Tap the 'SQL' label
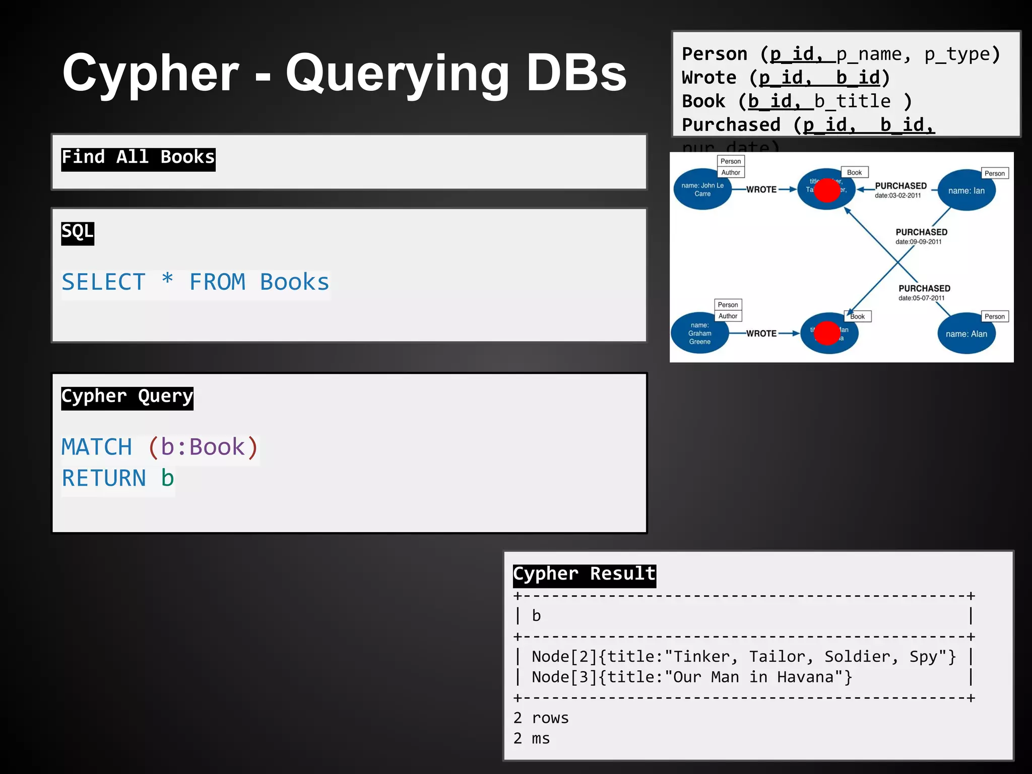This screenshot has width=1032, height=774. tap(78, 232)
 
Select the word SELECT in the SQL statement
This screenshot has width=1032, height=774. tap(104, 282)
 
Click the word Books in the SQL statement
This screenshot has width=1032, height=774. tap(294, 282)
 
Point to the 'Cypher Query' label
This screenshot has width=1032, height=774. tap(127, 397)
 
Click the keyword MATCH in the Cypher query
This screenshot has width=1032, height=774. tap(97, 447)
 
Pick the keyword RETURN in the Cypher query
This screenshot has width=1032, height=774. tap(104, 478)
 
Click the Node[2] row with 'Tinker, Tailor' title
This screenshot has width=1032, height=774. tap(743, 657)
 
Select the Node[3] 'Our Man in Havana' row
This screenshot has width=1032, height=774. tap(691, 677)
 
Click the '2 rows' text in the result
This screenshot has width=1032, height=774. tap(541, 718)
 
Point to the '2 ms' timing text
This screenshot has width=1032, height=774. tap(532, 739)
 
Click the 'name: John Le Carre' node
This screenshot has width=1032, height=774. tap(702, 190)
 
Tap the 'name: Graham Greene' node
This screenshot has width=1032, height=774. tap(700, 333)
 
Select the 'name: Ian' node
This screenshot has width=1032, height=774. tap(966, 191)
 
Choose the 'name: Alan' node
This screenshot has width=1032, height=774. tap(966, 334)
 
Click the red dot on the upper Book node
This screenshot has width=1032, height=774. tap(827, 190)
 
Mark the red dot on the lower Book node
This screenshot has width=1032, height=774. tap(827, 333)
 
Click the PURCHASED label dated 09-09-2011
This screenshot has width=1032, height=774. tap(921, 232)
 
